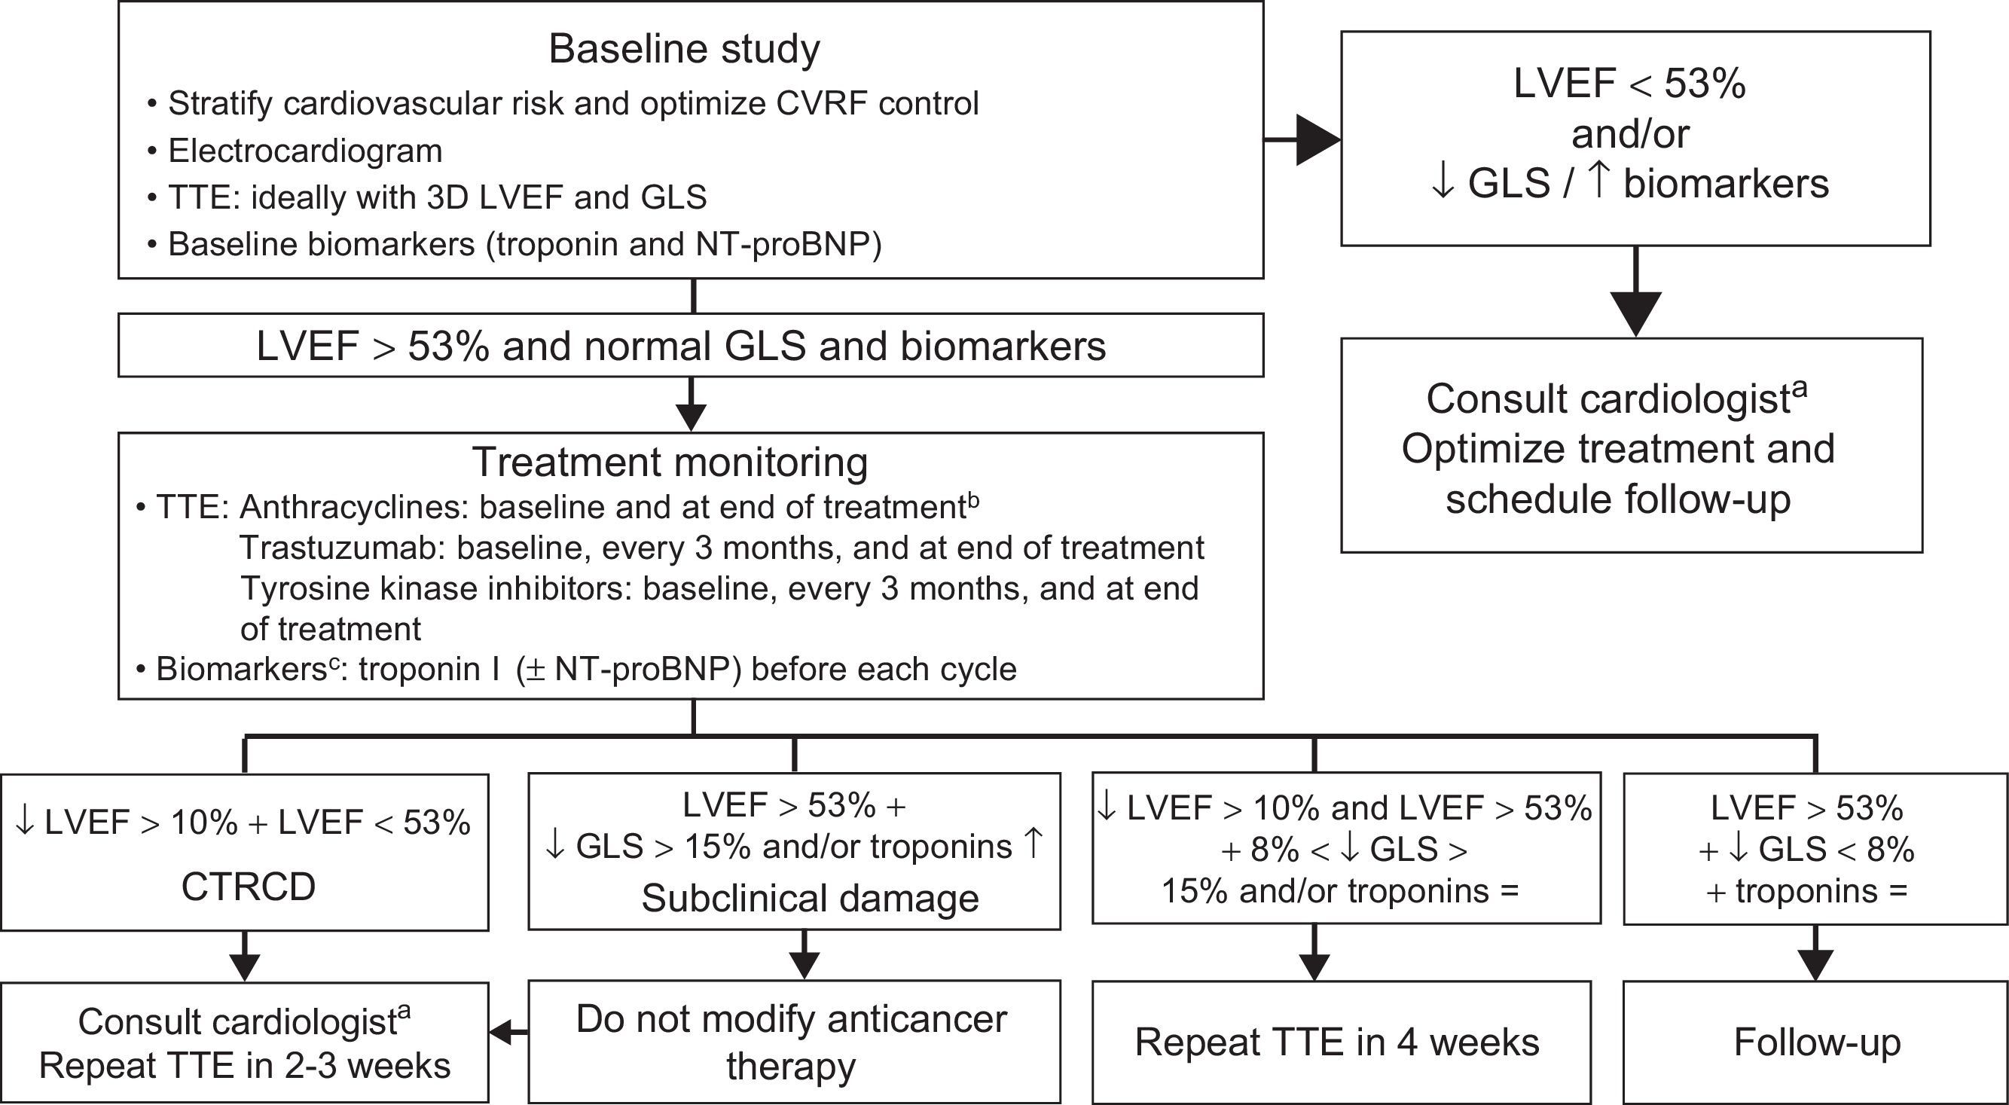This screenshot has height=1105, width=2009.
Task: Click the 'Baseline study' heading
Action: click(684, 48)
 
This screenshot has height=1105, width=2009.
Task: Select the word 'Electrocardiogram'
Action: click(305, 151)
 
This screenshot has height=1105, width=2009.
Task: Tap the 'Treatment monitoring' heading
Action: click(670, 462)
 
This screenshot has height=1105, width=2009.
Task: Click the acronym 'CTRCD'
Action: click(248, 887)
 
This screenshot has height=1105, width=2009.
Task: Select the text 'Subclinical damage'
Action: click(810, 899)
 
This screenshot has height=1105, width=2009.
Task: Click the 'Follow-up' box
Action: click(1816, 1042)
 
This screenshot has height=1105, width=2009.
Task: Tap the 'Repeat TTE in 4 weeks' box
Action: click(1337, 1042)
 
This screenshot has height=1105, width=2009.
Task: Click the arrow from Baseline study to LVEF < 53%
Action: click(1310, 139)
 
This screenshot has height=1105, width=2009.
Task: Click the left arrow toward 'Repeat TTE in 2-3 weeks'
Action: click(507, 1034)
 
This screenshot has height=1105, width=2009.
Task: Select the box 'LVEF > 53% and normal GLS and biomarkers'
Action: click(690, 346)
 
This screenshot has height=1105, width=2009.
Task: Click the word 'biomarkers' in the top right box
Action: click(1725, 184)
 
